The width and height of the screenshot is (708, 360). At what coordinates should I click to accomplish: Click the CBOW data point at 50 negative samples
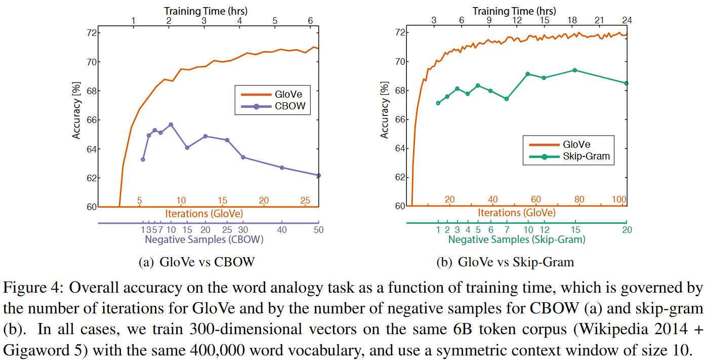[x=318, y=175]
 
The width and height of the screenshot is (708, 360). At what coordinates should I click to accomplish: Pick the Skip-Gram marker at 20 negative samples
[x=626, y=83]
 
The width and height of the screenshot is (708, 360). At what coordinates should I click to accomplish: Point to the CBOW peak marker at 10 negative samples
[x=171, y=125]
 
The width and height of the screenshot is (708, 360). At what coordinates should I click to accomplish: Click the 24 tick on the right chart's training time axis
[x=627, y=20]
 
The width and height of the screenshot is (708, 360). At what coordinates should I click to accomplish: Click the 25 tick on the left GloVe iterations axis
[x=305, y=201]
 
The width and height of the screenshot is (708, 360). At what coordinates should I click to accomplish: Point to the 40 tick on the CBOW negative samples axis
[x=282, y=230]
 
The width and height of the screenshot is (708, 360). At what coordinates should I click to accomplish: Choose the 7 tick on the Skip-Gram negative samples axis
[x=507, y=230]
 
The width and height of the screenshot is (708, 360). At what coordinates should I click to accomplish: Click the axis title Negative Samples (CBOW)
[x=204, y=239]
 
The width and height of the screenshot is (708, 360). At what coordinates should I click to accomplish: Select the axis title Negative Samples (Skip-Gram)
[x=517, y=239]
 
